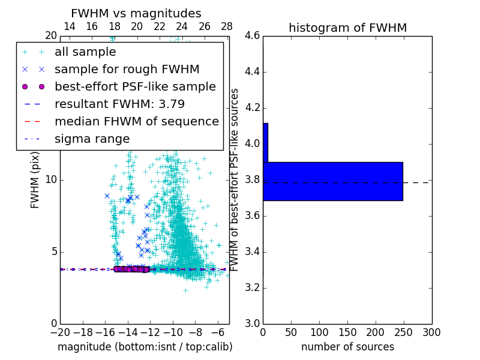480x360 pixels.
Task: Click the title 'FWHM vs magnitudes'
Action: tap(136, 13)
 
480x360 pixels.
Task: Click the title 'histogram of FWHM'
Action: tap(347, 28)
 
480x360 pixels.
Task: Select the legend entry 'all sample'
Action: tap(85, 52)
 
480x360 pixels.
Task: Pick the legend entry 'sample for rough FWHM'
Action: tap(127, 70)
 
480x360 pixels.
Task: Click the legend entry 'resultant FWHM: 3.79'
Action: tap(119, 104)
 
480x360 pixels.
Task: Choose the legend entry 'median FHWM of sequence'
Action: tap(136, 121)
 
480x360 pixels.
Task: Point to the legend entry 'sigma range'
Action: tap(92, 139)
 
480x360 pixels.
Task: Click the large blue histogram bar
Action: tap(332, 181)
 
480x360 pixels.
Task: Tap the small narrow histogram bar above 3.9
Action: tap(265, 142)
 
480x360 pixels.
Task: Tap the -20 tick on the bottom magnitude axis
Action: tap(60, 332)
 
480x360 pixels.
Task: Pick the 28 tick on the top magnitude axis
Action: tap(227, 26)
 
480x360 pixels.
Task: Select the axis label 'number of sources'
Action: tap(347, 347)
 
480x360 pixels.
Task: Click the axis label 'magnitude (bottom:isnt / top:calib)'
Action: tap(145, 347)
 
